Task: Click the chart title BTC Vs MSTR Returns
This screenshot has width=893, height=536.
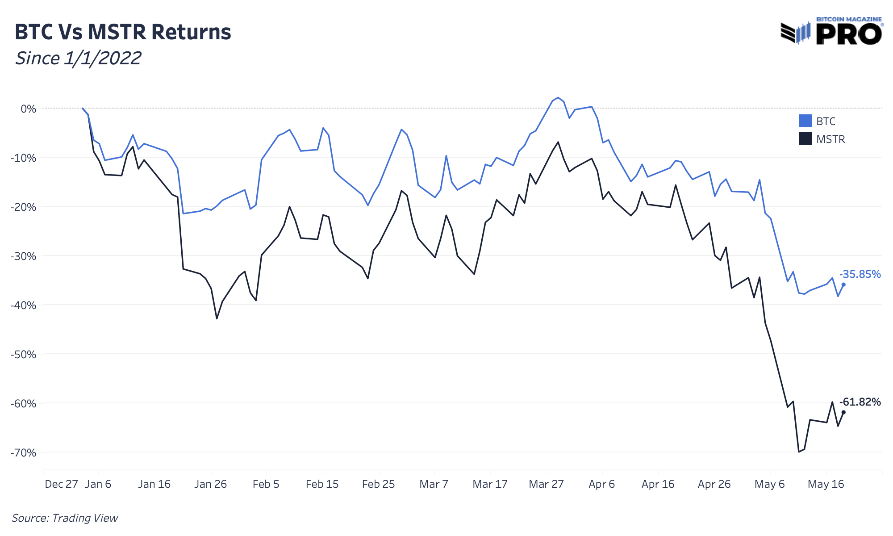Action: click(123, 32)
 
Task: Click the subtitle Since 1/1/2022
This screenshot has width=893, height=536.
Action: click(78, 59)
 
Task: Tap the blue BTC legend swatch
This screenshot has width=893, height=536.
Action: click(805, 121)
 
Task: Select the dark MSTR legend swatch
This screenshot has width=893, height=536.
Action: click(805, 139)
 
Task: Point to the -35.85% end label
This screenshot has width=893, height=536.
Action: click(860, 274)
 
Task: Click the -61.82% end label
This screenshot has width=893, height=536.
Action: click(860, 402)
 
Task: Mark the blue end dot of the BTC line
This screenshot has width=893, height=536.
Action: click(843, 285)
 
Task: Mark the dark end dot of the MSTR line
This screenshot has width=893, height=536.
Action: click(843, 412)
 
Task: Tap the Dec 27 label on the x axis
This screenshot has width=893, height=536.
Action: click(61, 484)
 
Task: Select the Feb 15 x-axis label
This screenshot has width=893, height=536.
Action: click(322, 484)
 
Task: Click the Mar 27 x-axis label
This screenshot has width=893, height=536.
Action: click(546, 484)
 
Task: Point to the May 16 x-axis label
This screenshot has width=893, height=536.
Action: click(826, 484)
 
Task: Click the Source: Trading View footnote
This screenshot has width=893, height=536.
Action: click(65, 518)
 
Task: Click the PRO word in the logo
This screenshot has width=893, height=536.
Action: click(849, 34)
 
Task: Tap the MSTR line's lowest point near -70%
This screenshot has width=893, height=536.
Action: click(799, 452)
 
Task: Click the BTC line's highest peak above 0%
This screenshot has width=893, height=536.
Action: click(558, 98)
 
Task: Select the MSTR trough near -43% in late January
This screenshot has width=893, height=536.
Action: click(217, 318)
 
